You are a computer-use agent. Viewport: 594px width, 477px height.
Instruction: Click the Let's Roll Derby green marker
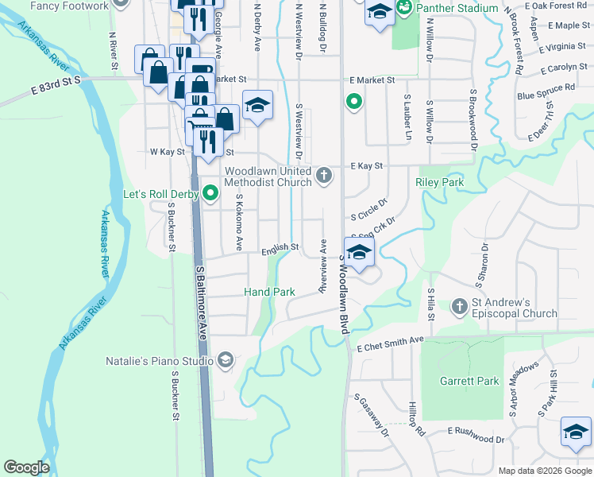point(210,192)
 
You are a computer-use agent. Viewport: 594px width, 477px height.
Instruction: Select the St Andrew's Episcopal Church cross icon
point(460,306)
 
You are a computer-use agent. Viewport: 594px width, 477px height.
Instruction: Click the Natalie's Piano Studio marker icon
point(225,361)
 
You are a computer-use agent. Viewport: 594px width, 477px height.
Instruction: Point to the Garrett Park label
point(469,381)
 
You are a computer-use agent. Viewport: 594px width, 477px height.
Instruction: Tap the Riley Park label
point(439,183)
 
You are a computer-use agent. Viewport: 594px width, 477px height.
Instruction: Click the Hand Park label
point(269,293)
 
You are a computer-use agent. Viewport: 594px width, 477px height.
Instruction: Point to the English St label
point(280,247)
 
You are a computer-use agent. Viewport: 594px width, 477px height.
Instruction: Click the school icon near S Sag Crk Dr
point(359,254)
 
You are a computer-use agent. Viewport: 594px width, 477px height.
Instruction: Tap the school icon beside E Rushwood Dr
point(576,432)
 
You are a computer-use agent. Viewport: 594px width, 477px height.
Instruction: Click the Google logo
point(27,467)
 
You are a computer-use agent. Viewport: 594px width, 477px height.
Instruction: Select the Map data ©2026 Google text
point(544,471)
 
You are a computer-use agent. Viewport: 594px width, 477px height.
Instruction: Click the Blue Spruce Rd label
point(546,92)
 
